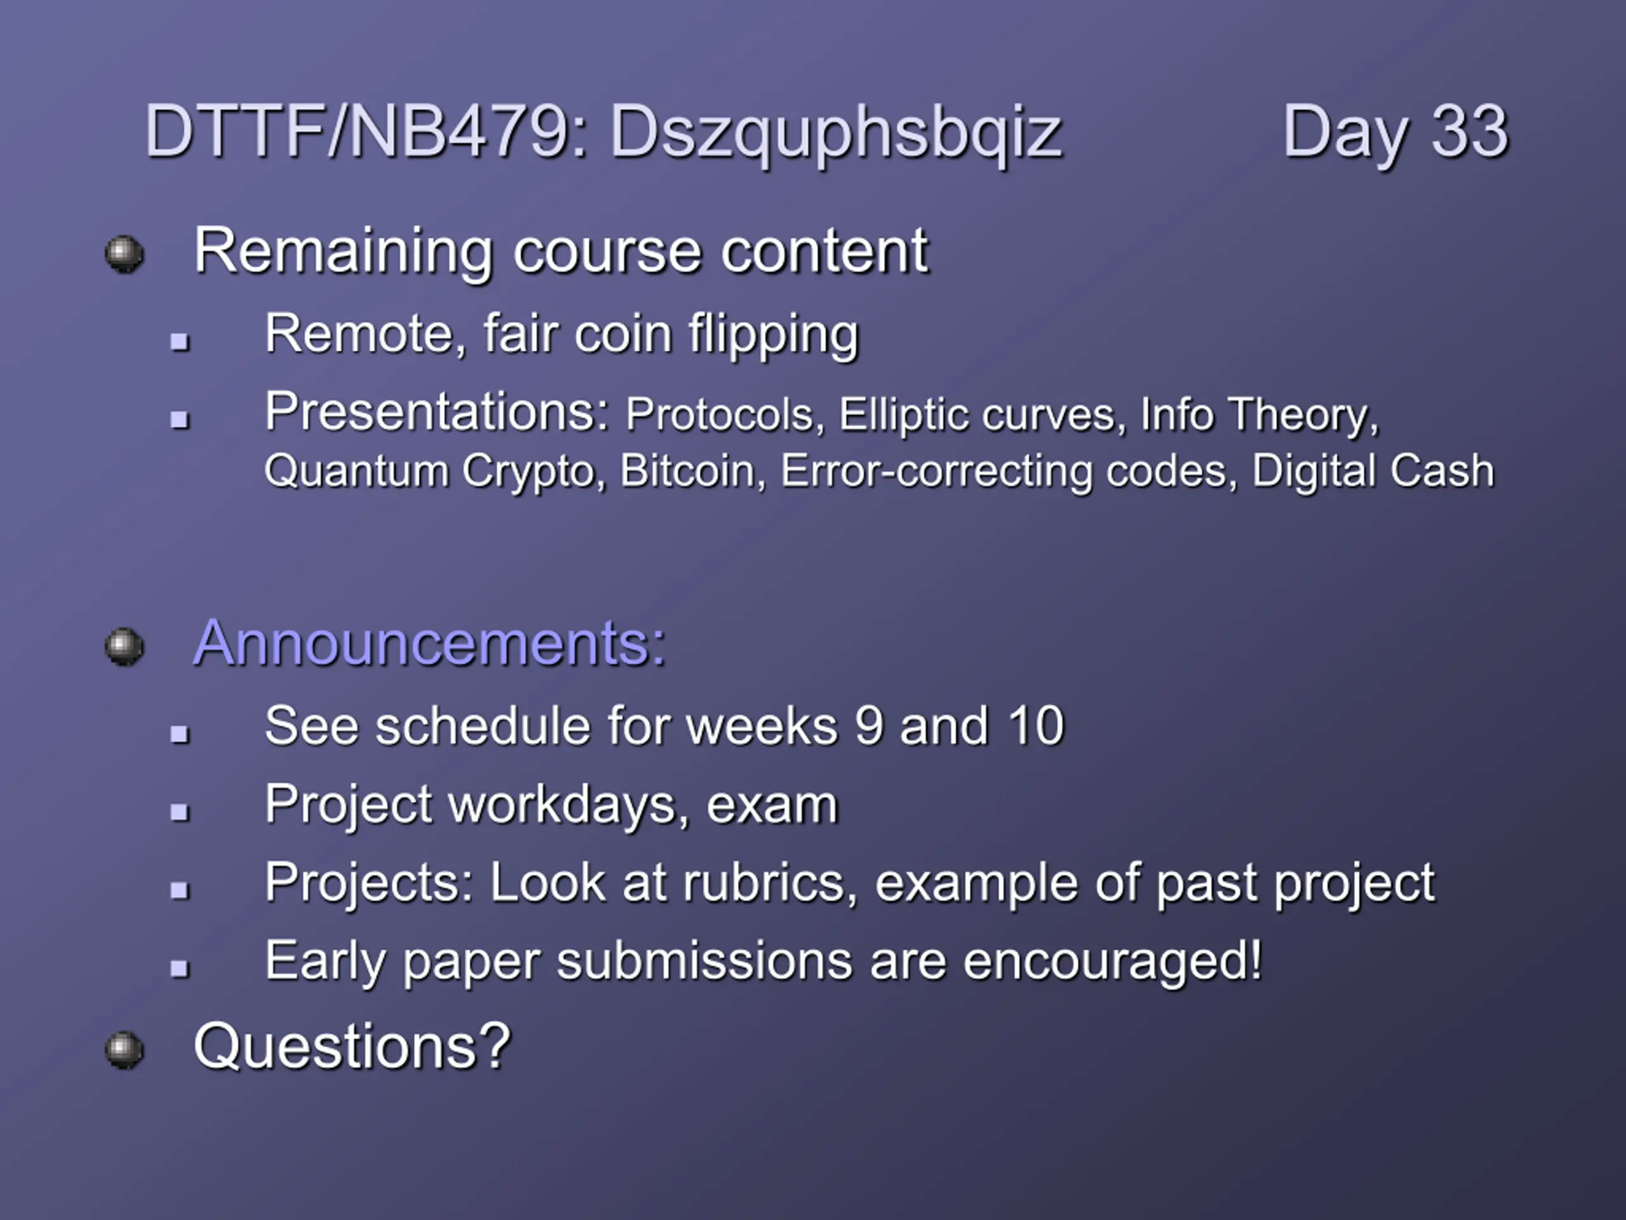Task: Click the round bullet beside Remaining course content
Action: coord(124,254)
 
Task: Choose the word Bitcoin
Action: coord(687,471)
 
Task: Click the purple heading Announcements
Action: coord(429,644)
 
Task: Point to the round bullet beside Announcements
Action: coord(124,646)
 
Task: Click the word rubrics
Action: coord(770,883)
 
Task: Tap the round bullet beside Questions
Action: coord(124,1050)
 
